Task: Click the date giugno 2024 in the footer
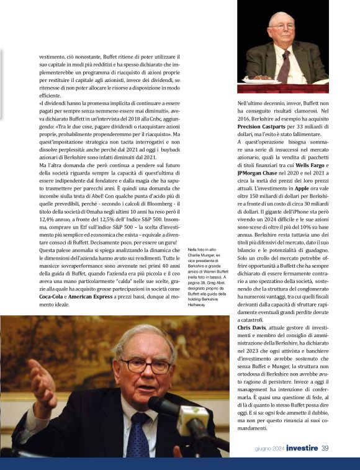(269, 449)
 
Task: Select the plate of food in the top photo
(262, 79)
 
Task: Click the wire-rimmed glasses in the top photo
(282, 29)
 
